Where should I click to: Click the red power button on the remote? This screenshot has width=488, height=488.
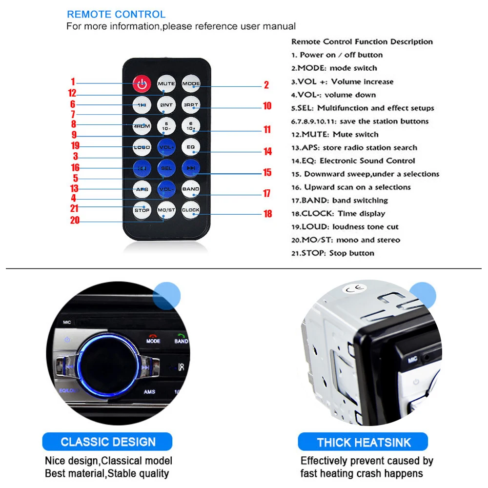coord(142,84)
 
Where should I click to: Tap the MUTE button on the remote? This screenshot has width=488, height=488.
coord(166,84)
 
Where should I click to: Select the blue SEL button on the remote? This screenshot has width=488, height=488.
coord(166,168)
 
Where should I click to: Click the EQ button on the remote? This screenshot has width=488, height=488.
coord(190,146)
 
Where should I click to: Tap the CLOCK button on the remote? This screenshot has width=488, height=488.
coord(190,210)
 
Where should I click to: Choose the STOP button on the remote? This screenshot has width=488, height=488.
coord(142,210)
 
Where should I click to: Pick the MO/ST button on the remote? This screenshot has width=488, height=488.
coord(166,210)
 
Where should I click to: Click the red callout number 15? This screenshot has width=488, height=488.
coord(267,172)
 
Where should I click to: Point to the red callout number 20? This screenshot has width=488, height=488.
coord(74,221)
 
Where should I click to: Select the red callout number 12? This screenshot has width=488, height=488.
coord(72,93)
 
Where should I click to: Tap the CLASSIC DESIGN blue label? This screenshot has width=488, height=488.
coord(108,443)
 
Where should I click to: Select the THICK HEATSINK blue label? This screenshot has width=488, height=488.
coord(364,443)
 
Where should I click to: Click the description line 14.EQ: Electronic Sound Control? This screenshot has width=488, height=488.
coord(353,161)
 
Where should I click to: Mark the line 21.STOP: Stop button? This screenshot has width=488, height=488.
coord(333,253)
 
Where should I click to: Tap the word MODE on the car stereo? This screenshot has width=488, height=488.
coord(153,341)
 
